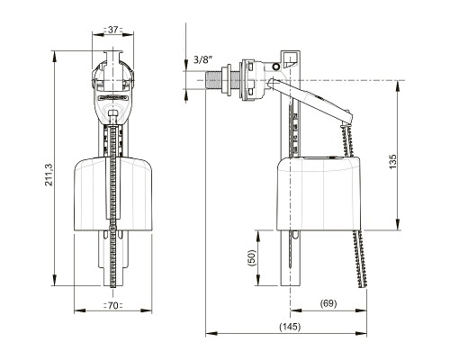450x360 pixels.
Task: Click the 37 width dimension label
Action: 112,29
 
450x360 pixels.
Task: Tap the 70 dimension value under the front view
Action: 112,306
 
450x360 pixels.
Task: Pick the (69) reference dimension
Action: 328,303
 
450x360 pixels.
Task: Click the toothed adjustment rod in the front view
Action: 112,234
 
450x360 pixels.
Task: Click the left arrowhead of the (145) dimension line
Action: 210,332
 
